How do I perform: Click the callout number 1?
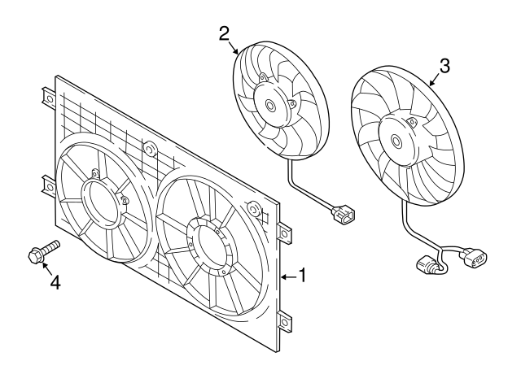tap(302, 276)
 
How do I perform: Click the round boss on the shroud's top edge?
tap(150, 149)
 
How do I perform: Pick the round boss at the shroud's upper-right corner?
tap(255, 211)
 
